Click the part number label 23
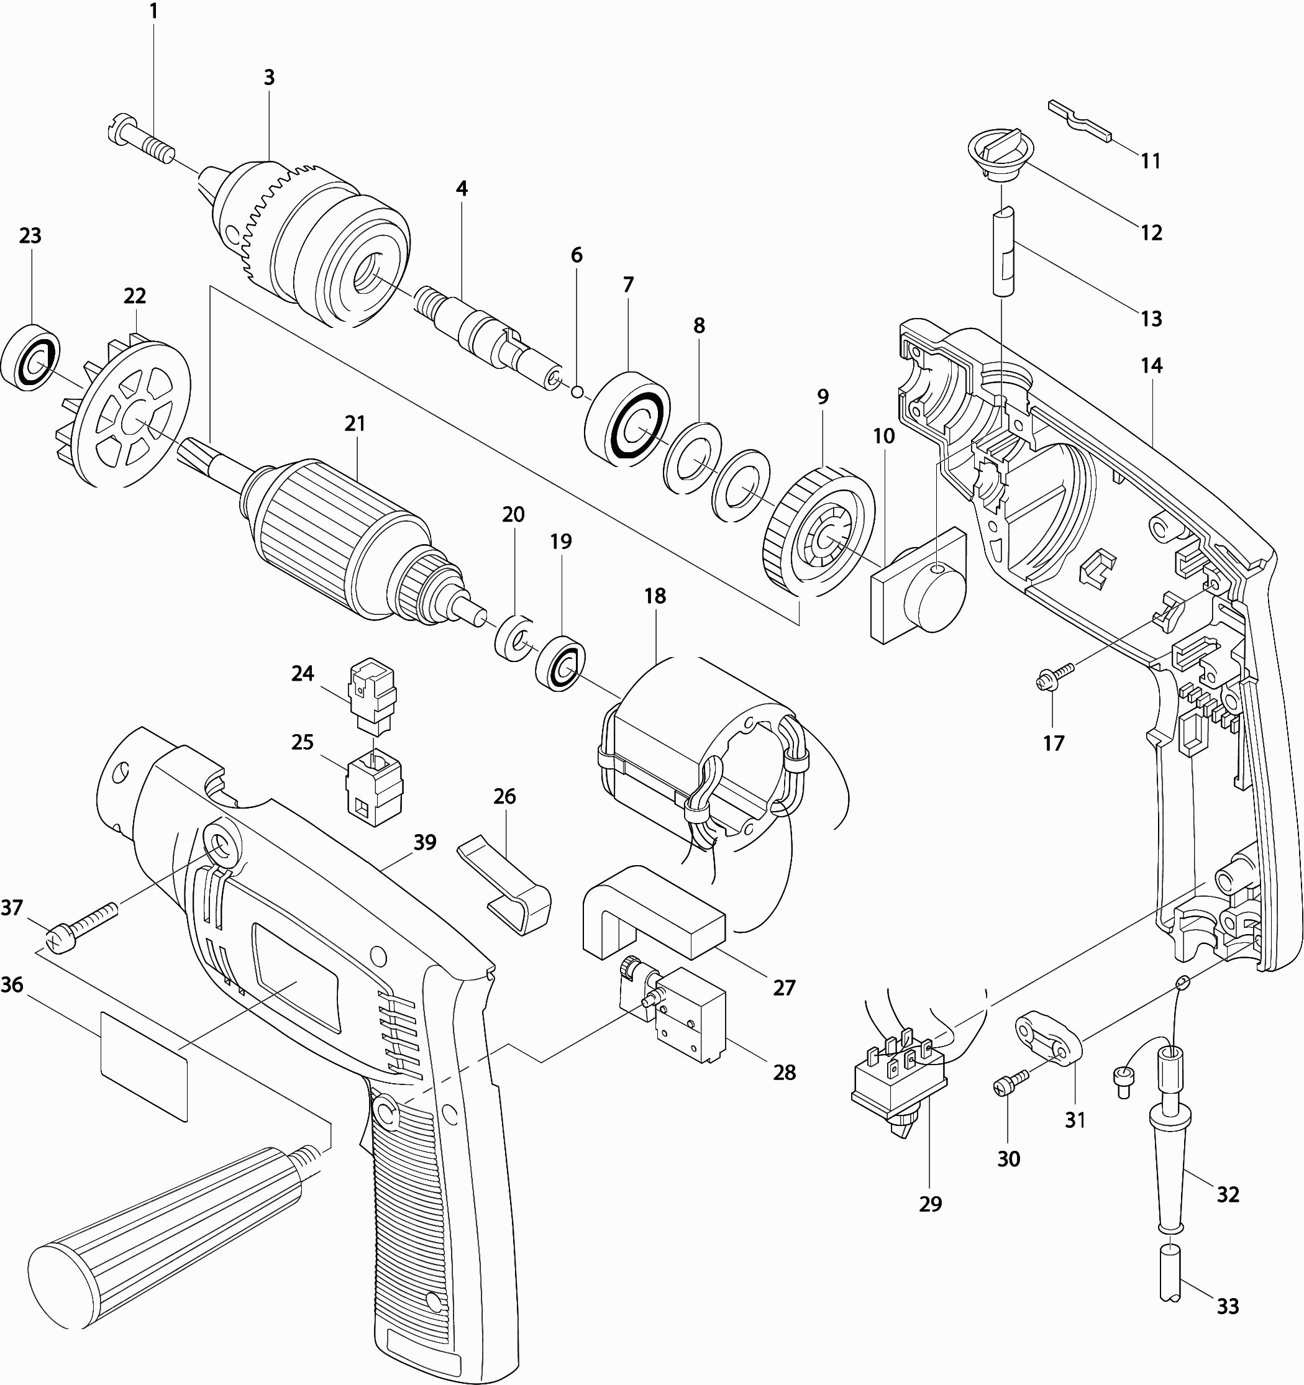pos(30,236)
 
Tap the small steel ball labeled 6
pos(577,393)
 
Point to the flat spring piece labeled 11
pos(1080,119)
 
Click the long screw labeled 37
pos(82,925)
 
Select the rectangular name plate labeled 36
pos(144,1066)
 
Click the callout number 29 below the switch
pos(930,1204)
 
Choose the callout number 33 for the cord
pos(1228,1306)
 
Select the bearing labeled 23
pos(30,355)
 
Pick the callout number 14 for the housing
pos(1151,365)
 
